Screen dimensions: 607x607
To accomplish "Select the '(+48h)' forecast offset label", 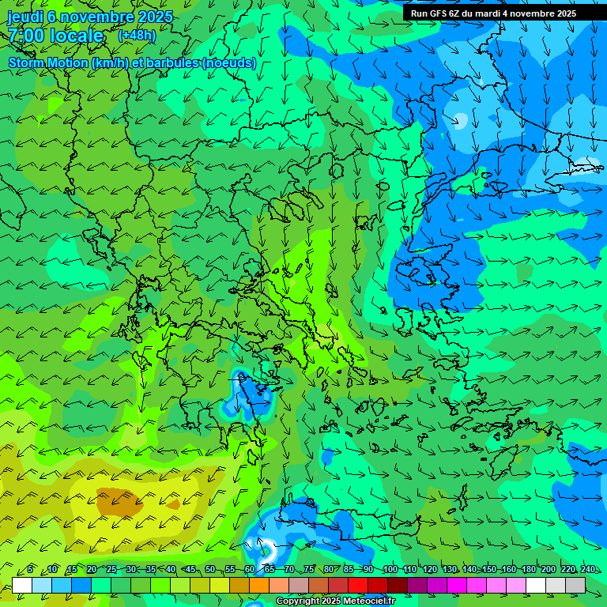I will [x=137, y=36].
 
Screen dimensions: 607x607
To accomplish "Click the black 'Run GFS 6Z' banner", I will [x=493, y=13].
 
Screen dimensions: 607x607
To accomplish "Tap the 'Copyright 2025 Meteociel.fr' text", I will [x=335, y=601].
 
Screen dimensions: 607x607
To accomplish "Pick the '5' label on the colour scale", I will [x=29, y=569].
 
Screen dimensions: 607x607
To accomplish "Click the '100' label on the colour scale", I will [x=390, y=569].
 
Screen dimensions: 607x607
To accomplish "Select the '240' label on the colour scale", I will [x=587, y=569].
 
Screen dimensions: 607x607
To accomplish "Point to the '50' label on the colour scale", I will [x=210, y=569].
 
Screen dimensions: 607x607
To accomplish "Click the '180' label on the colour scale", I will [x=527, y=569].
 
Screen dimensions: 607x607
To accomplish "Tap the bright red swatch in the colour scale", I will [x=358, y=585].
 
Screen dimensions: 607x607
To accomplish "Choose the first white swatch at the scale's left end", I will [x=22, y=585].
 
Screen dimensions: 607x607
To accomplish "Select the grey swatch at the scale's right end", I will [x=575, y=585].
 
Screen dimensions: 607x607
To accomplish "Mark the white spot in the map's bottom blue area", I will [x=267, y=549].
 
